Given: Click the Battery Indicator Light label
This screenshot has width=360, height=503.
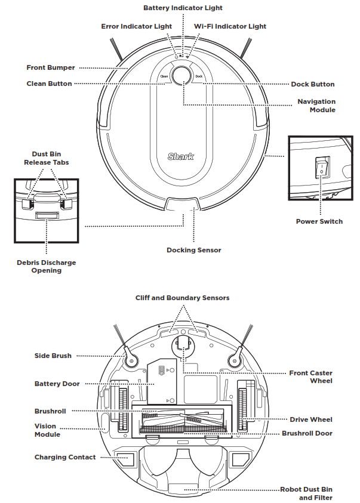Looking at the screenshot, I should tap(183, 8).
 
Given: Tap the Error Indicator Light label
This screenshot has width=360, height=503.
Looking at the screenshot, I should tap(137, 26).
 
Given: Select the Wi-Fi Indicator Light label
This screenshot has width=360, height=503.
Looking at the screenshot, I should tap(230, 26).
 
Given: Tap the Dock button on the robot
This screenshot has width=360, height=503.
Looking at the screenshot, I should tap(199, 76).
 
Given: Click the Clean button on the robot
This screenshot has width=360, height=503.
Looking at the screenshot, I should tap(163, 76).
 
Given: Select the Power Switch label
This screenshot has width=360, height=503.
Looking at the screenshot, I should tap(319, 221).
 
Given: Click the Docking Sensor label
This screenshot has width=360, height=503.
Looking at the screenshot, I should tap(193, 250).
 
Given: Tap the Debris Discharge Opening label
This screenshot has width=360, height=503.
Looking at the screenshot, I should tap(46, 266).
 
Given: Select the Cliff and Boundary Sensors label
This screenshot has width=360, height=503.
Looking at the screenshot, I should tap(182, 297).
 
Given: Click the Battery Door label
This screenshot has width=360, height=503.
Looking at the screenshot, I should tap(57, 384).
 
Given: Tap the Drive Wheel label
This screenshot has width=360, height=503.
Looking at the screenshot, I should tap(311, 419).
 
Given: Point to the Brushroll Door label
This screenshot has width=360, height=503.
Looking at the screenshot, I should tap(307, 433).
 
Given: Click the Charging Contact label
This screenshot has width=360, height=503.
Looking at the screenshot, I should tap(65, 457).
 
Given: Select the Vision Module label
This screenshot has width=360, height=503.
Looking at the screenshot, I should tap(45, 430).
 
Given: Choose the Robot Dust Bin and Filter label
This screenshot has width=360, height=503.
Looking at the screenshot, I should tap(306, 493).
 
